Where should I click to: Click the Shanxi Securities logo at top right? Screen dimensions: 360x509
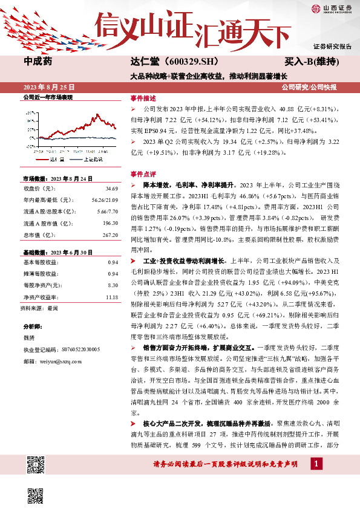(332, 8)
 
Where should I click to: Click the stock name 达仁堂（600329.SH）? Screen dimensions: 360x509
(171, 62)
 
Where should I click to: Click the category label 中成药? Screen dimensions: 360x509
(38, 62)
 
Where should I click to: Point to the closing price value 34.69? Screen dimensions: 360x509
(111, 189)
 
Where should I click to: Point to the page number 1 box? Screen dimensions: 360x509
(315, 464)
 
